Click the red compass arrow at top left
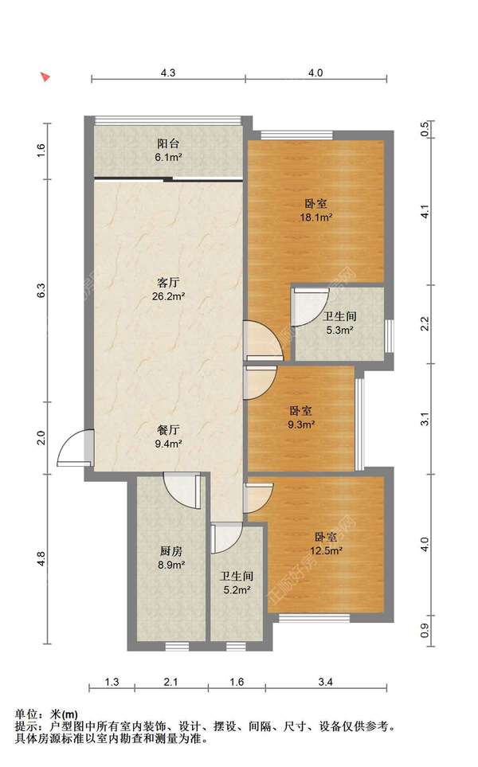45,76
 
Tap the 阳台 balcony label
168,143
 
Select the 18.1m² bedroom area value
316,217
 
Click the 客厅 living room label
168,282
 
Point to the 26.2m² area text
168,296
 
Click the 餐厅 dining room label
168,430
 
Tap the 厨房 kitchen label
170,551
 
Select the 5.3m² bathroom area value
340,331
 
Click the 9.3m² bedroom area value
301,425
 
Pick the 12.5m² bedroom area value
326,551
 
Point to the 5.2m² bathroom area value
237,590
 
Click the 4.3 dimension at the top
168,73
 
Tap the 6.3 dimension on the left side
41,291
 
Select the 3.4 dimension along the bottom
326,682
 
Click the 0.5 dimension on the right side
425,129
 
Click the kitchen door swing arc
182,491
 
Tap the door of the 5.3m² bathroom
310,307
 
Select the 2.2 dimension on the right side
425,324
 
